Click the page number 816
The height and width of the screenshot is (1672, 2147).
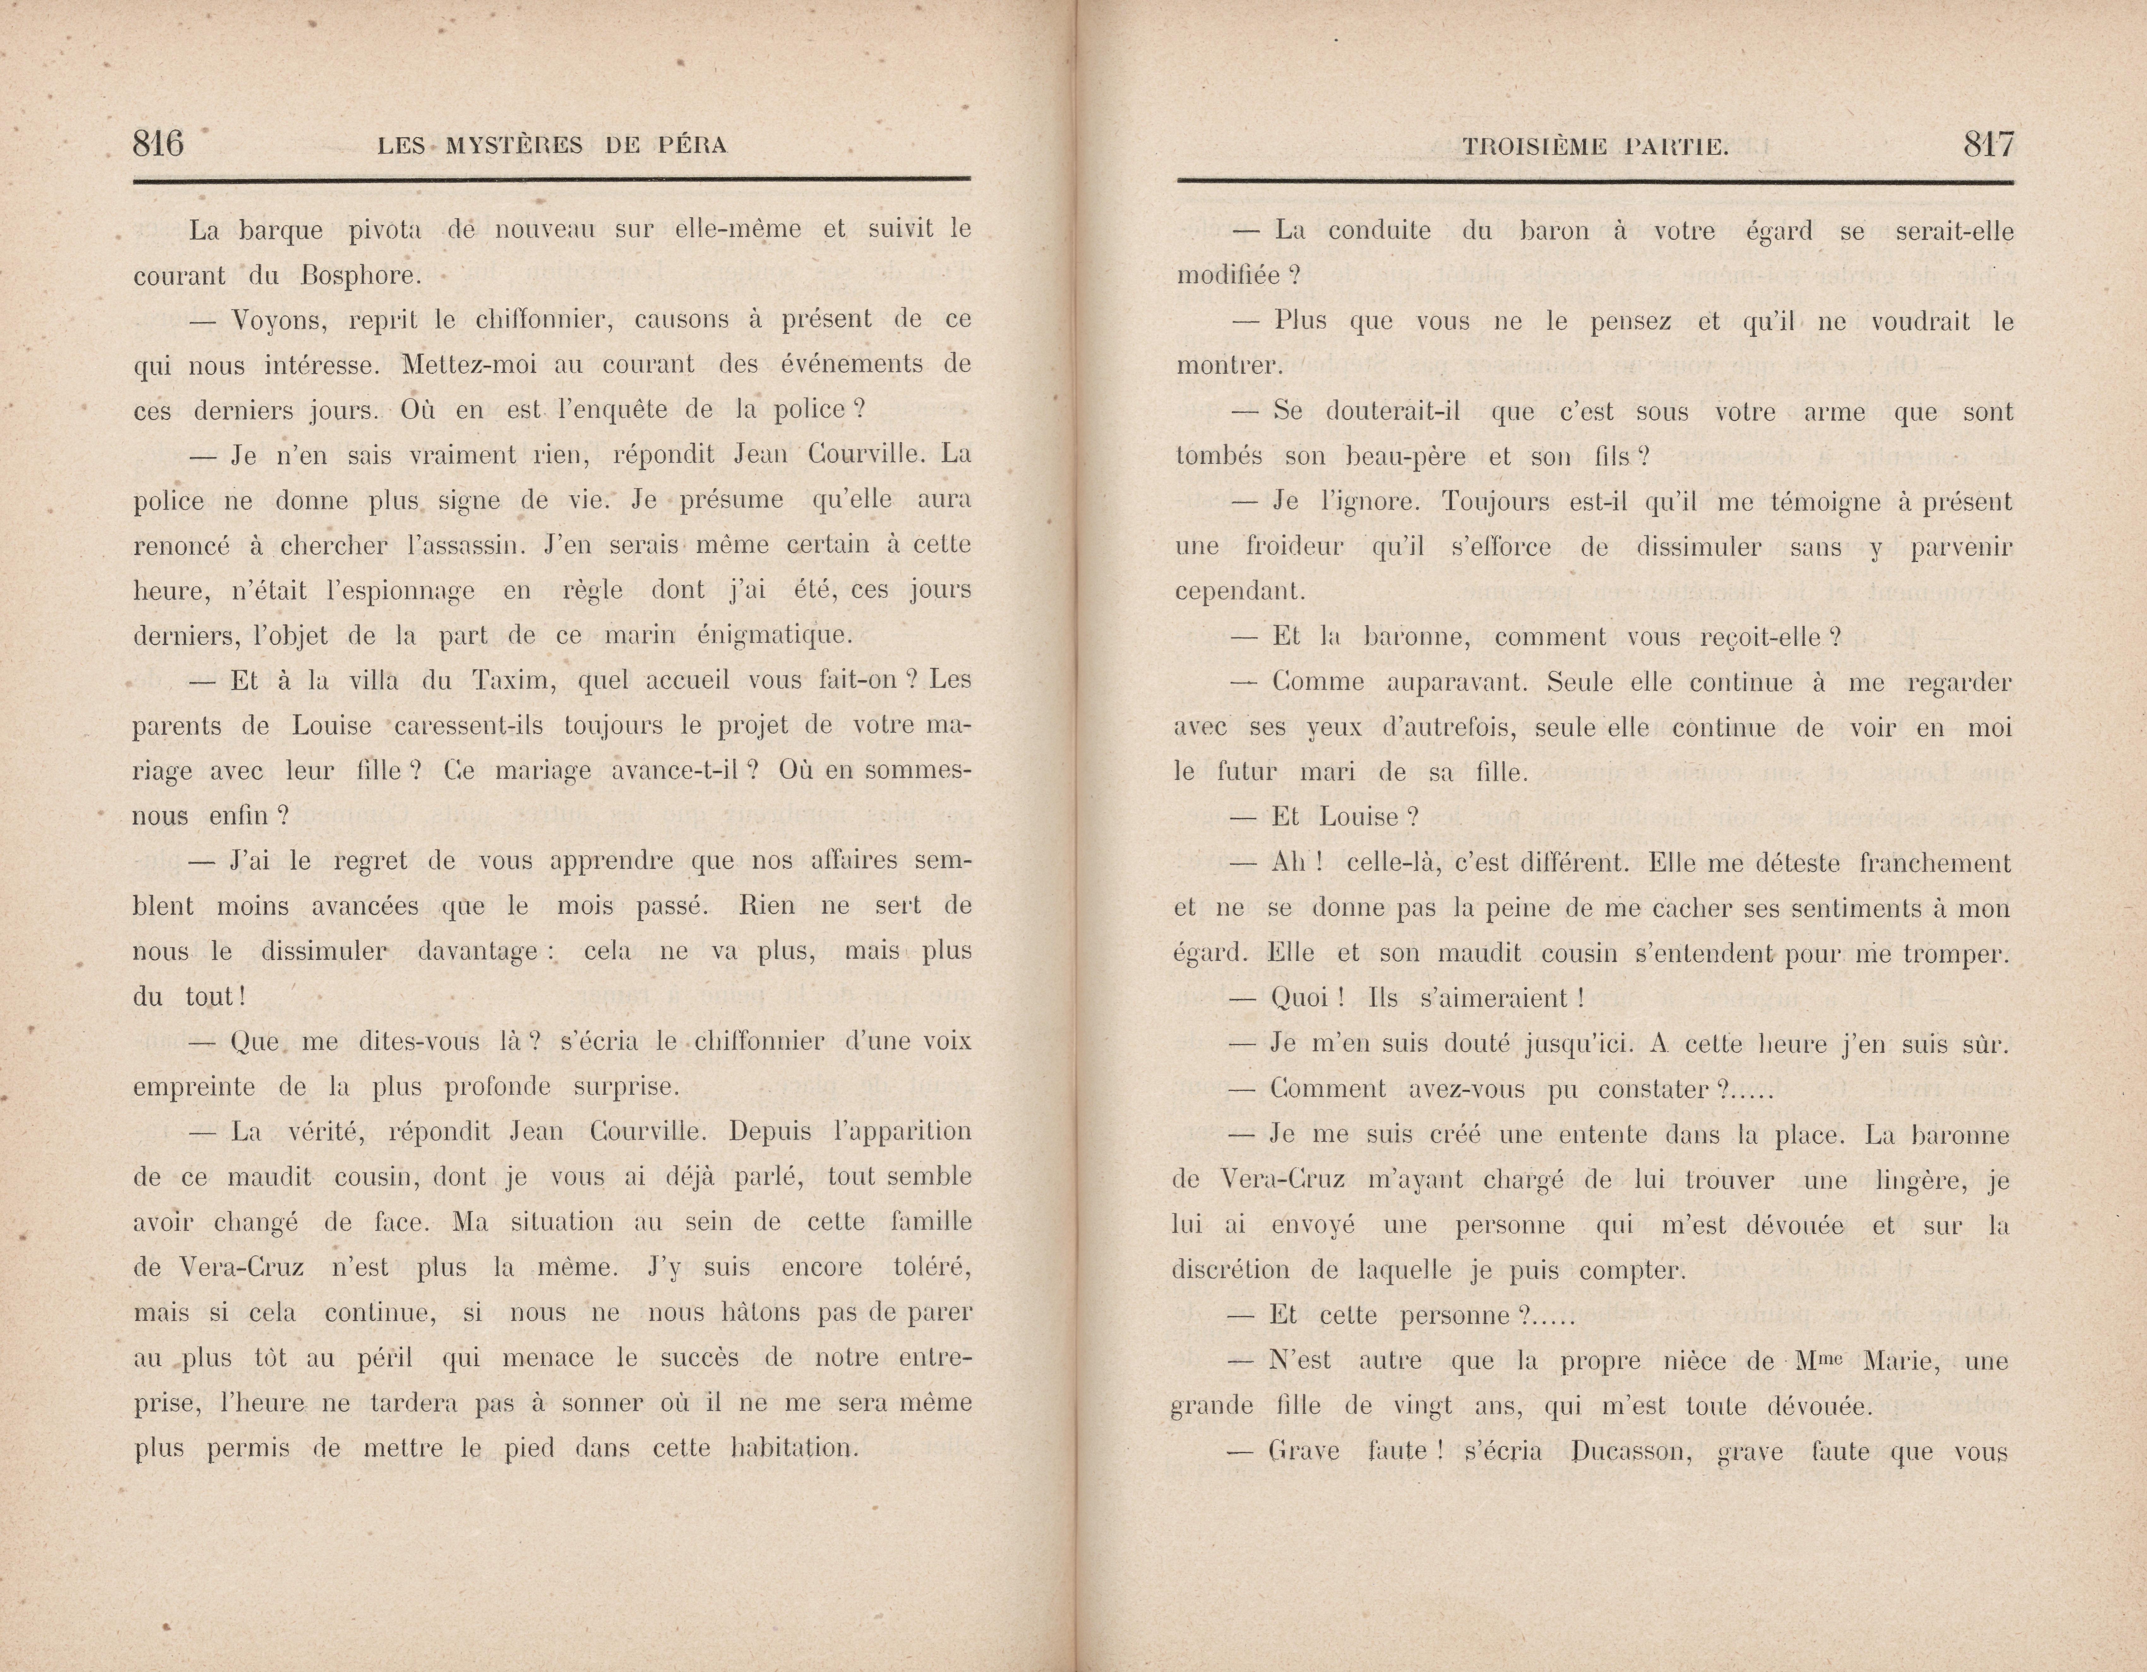point(158,145)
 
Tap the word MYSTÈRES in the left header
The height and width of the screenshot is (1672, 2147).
point(514,147)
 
